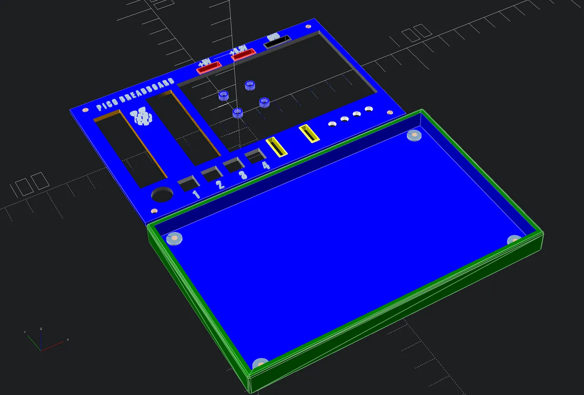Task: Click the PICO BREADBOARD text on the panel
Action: tap(136, 95)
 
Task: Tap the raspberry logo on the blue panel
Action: tap(142, 117)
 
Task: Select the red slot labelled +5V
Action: tap(209, 68)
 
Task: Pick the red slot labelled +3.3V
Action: tap(243, 55)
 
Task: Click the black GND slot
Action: tap(277, 42)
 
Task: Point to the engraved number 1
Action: tap(196, 195)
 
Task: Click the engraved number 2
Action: tap(220, 185)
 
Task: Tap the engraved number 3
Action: tap(243, 175)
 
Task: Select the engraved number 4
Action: tap(266, 165)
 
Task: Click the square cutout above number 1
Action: tap(188, 184)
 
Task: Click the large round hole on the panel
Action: tap(162, 195)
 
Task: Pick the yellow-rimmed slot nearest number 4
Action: tap(276, 147)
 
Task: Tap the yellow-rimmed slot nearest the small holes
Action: tap(309, 134)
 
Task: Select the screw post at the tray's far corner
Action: tap(414, 135)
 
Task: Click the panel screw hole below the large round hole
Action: tap(154, 211)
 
